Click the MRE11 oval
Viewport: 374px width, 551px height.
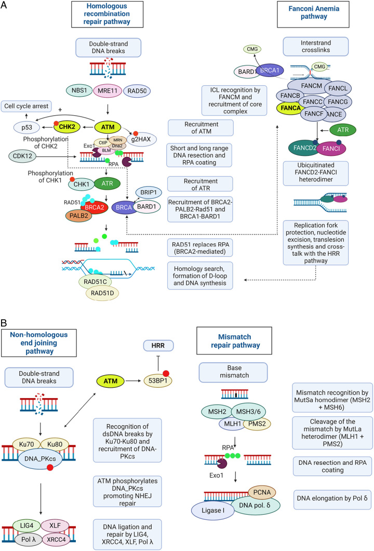108,90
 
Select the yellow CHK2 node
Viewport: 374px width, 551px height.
66,127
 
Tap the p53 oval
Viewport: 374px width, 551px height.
26,127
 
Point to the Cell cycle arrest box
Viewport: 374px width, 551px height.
26,106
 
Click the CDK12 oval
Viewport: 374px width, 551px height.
22,156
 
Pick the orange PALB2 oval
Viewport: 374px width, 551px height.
78,215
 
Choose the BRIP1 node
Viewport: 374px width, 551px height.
149,192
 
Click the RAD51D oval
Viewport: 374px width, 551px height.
102,293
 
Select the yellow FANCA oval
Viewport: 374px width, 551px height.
291,108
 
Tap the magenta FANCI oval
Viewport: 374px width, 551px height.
331,148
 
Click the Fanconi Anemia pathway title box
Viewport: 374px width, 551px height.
313,15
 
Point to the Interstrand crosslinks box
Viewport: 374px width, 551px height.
316,46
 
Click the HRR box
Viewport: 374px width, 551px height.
158,346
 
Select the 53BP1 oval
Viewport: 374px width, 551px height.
158,381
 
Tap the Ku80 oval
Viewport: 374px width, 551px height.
55,444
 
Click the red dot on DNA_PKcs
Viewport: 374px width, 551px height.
50,467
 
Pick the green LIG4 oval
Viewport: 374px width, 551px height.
26,526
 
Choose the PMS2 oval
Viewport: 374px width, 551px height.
257,424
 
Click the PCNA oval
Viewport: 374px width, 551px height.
262,492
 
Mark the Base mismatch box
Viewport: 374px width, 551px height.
234,372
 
